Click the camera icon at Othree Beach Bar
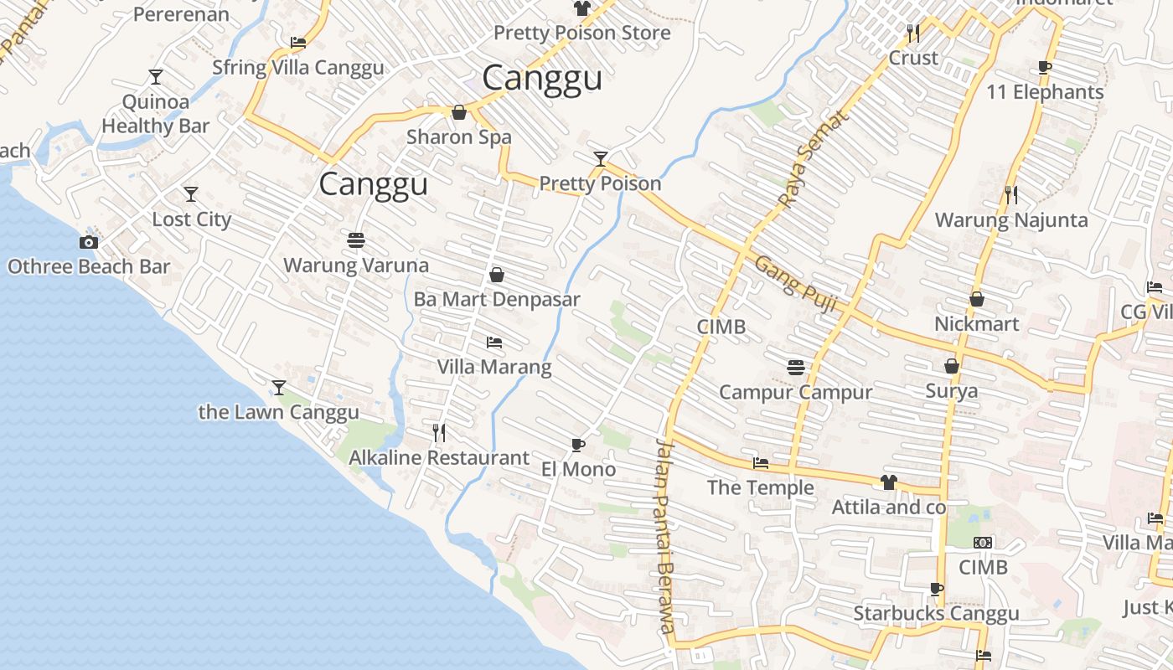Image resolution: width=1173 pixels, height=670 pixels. click(89, 242)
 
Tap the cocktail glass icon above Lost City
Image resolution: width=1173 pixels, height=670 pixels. click(191, 194)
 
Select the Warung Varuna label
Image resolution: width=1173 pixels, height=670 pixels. click(356, 265)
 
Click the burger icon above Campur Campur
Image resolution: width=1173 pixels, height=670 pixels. click(796, 367)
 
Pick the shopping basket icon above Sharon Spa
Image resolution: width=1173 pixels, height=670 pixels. click(459, 112)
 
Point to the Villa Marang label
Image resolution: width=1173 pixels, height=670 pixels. click(494, 367)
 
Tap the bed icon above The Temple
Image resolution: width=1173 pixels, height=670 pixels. click(761, 462)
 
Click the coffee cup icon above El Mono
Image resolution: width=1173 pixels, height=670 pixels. click(577, 445)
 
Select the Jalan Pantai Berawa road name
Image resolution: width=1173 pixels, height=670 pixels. click(665, 536)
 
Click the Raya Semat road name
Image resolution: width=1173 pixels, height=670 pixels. click(813, 158)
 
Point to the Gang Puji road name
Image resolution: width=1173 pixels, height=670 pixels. click(796, 285)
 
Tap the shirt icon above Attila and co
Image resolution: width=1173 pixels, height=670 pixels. click(889, 482)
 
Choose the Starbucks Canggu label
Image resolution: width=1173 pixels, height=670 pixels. click(936, 614)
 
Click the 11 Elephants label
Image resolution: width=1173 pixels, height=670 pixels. click(1045, 92)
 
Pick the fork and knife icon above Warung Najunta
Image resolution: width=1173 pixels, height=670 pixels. click(1011, 195)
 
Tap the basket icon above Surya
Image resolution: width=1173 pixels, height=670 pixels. click(952, 366)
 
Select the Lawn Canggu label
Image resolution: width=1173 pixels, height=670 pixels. click(278, 412)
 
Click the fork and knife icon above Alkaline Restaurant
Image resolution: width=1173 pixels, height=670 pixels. click(438, 433)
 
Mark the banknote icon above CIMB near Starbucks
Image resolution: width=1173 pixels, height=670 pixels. click(983, 543)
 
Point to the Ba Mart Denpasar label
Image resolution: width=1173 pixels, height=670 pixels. click(497, 299)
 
